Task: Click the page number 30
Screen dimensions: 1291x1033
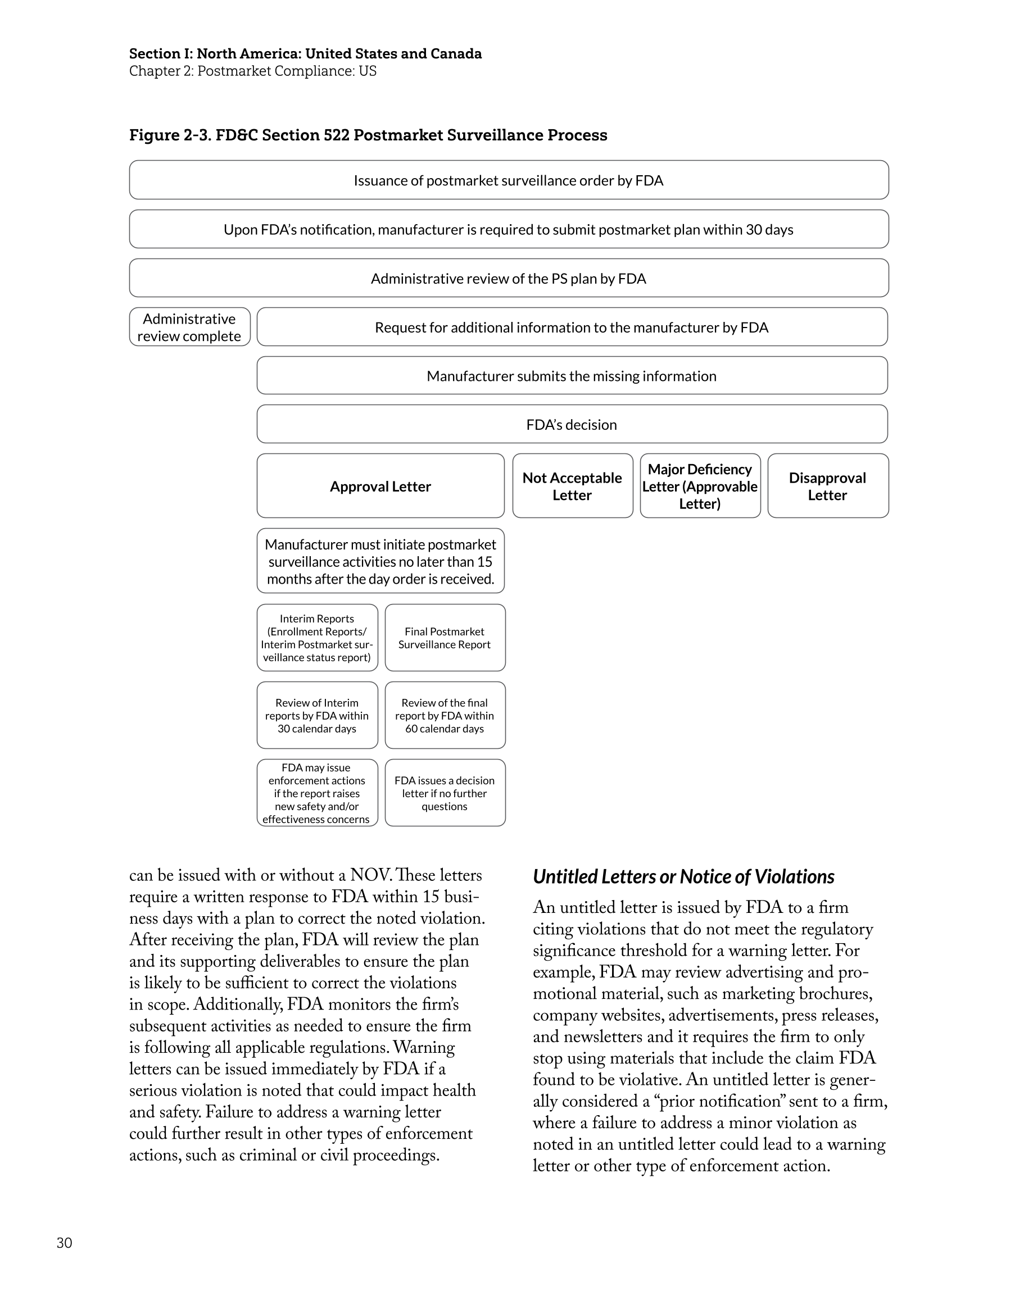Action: click(64, 1243)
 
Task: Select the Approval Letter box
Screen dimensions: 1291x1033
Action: click(380, 486)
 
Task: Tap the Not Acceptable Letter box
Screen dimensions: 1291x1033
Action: click(572, 486)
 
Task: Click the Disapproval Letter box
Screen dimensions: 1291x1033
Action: click(827, 486)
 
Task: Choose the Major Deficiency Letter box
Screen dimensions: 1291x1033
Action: click(700, 486)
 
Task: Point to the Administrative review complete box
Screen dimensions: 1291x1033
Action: click(189, 327)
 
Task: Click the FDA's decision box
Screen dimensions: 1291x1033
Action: click(572, 425)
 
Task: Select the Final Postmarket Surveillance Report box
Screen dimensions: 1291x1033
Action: click(445, 638)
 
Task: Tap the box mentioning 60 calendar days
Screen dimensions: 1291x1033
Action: click(445, 716)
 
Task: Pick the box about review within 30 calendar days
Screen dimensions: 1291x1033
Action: click(317, 716)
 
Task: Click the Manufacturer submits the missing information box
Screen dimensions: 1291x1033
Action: click(572, 376)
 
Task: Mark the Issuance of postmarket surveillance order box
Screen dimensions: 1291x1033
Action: click(508, 180)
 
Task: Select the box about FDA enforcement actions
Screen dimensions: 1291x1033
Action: click(317, 793)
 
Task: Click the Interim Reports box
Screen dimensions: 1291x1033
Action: click(317, 638)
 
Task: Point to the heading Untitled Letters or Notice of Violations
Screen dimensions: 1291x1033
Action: click(683, 876)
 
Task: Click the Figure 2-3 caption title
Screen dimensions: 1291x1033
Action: click(368, 135)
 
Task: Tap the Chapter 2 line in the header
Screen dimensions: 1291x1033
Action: click(253, 71)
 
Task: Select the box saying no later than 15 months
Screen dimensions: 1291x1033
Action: click(380, 561)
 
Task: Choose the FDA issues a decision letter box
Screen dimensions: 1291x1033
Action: click(445, 793)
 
